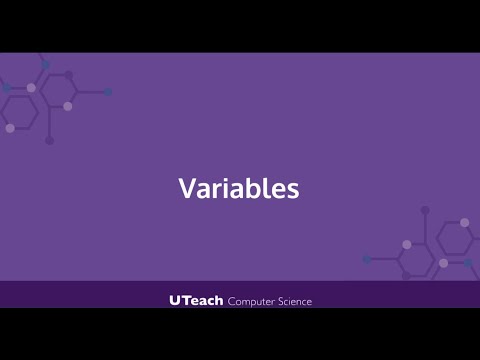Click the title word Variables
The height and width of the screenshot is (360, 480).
239,189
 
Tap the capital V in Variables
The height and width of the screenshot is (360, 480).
187,189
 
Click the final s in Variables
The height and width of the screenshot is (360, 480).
292,191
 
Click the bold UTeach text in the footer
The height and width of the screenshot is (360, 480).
196,300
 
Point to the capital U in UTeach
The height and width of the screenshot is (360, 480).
176,300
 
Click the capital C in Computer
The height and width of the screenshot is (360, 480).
233,300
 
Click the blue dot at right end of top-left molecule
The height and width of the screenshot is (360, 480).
108,92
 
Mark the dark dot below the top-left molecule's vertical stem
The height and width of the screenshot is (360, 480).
49,140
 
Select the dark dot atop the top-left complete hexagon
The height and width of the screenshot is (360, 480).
69,75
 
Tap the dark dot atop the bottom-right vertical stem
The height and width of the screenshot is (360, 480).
425,210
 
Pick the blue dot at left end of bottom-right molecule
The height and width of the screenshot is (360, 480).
367,259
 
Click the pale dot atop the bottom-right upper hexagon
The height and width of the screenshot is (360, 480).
464,222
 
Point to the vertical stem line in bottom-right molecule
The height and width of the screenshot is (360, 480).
425,232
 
